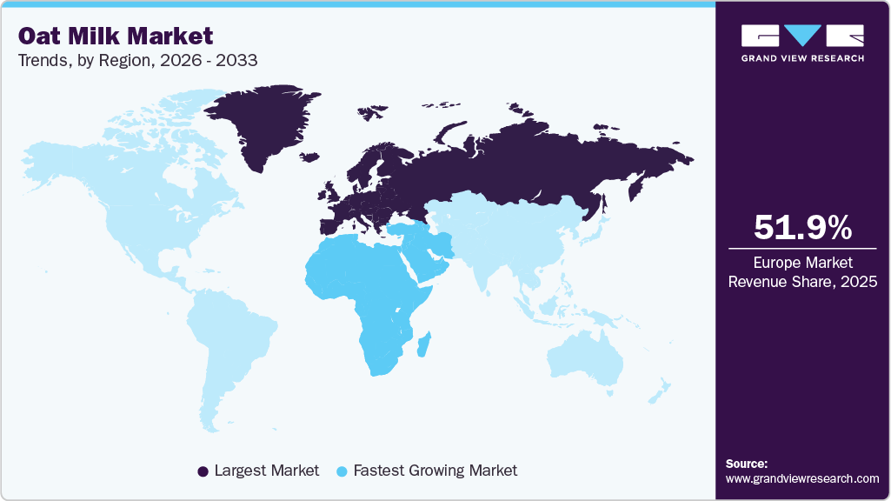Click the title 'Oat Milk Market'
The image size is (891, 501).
click(115, 36)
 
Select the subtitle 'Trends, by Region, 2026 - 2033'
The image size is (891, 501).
click(136, 61)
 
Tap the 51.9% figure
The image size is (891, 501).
click(802, 228)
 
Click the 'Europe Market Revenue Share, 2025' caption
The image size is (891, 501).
click(802, 271)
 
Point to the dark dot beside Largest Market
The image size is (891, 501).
click(203, 471)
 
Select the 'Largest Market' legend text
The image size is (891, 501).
click(266, 471)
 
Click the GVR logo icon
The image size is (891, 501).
click(802, 35)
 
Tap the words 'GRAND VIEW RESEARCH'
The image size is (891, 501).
click(802, 58)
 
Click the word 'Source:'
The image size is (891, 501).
click(747, 464)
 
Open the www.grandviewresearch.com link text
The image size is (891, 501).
click(802, 478)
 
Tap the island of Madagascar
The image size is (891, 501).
click(426, 346)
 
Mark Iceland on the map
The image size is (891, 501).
click(309, 157)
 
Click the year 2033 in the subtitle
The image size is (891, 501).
click(236, 61)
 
